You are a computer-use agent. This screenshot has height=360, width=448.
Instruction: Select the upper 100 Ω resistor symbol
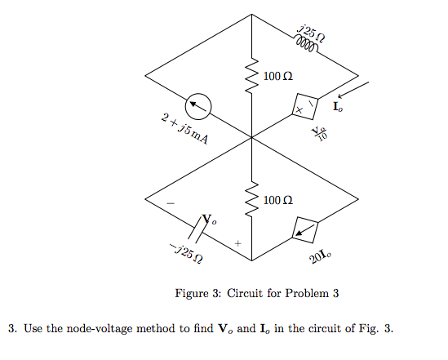(x=252, y=78)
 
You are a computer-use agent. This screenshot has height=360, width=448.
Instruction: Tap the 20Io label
(x=321, y=258)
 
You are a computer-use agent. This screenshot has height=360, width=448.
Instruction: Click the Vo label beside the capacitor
(x=210, y=220)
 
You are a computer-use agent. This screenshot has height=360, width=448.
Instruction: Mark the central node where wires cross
(x=252, y=138)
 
